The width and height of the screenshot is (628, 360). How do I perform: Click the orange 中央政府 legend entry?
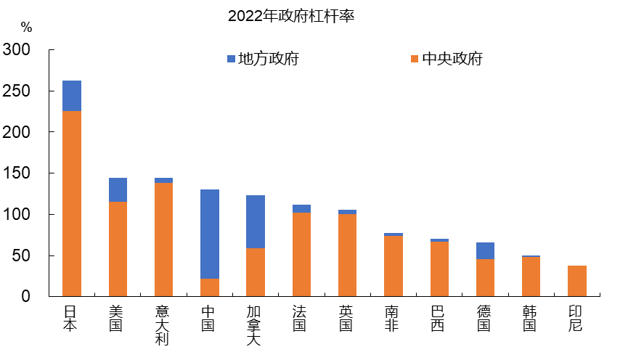[446, 59]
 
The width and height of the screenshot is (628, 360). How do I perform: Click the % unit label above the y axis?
[26, 28]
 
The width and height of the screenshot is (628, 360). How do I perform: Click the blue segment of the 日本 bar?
[72, 96]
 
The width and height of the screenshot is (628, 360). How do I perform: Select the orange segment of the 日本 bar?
[72, 203]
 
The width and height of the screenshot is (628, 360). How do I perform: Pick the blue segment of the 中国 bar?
[209, 234]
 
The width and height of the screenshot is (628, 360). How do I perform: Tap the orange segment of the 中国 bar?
[209, 287]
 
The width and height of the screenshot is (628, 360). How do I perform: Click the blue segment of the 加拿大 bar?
[256, 221]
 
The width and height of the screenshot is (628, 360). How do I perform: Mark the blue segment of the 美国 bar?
[118, 189]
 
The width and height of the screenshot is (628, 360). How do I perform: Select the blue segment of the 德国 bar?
[485, 250]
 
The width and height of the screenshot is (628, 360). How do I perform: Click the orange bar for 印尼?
[577, 281]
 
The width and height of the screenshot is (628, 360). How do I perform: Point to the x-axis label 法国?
[301, 318]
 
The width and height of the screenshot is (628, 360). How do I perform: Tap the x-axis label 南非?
[393, 318]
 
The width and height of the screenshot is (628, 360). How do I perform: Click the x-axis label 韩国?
[531, 318]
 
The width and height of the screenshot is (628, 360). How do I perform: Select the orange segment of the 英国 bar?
[347, 255]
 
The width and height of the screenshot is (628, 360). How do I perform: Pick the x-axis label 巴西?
[439, 318]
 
